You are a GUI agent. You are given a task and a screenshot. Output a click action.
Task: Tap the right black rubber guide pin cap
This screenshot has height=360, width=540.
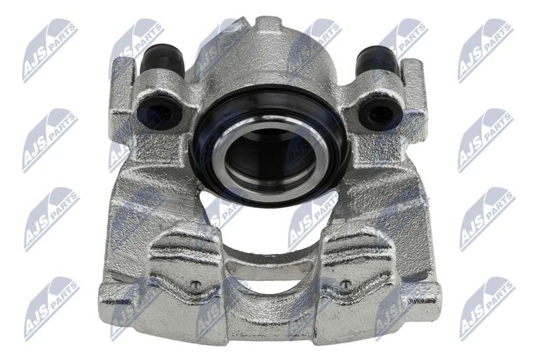pyautogui.click(x=376, y=61)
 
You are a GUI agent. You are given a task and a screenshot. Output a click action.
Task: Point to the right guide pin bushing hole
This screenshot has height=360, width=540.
pyautogui.click(x=379, y=113)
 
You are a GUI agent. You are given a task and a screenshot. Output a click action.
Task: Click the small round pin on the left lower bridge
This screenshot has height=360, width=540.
pyautogui.click(x=196, y=284)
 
